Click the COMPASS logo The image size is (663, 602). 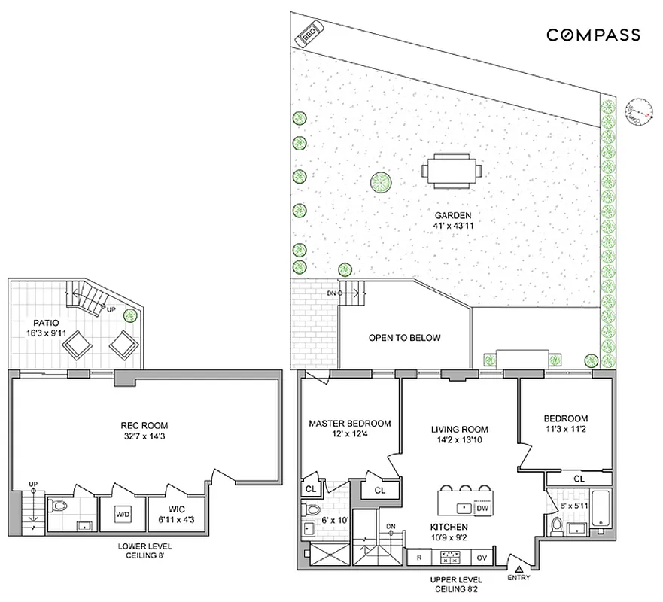593,35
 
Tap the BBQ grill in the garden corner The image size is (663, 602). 309,35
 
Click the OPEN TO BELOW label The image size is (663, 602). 404,338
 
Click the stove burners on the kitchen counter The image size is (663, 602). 451,558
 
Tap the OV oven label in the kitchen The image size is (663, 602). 482,558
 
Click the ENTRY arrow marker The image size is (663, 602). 519,570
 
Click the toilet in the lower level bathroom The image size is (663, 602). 59,506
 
